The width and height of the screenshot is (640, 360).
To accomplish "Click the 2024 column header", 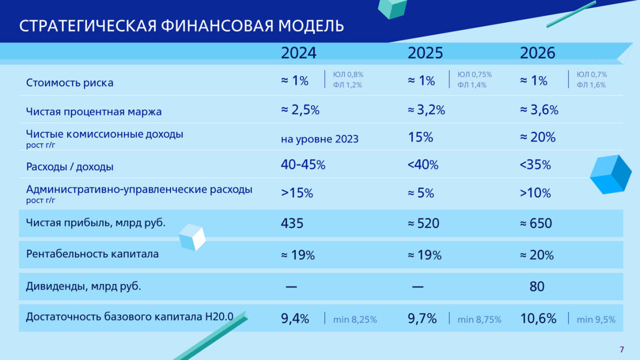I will [299, 53].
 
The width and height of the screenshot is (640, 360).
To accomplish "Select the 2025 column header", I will [425, 53].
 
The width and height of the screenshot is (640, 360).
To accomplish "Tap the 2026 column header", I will [538, 53].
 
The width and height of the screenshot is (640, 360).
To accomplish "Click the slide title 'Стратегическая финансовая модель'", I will [181, 26].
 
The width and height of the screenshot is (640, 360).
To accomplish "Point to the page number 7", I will [621, 349].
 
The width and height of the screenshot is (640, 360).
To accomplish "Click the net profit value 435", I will [292, 223].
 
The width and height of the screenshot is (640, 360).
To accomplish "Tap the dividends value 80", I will [537, 286].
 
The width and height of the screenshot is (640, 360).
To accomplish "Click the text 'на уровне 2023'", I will [319, 139].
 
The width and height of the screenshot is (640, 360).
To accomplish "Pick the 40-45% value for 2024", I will [303, 165].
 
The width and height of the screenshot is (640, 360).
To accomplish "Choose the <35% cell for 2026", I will [535, 165].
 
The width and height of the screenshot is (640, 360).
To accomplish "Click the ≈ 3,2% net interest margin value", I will [426, 110].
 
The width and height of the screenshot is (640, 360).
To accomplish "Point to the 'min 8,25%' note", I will [355, 319].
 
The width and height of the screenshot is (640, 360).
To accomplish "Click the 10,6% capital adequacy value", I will [538, 319].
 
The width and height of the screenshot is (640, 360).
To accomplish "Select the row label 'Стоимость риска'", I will [69, 83].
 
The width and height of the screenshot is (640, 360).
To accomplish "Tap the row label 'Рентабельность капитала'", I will [92, 254].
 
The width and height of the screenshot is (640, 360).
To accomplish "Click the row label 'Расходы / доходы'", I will [69, 167].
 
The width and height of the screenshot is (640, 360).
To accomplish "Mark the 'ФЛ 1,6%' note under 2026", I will [591, 85].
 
